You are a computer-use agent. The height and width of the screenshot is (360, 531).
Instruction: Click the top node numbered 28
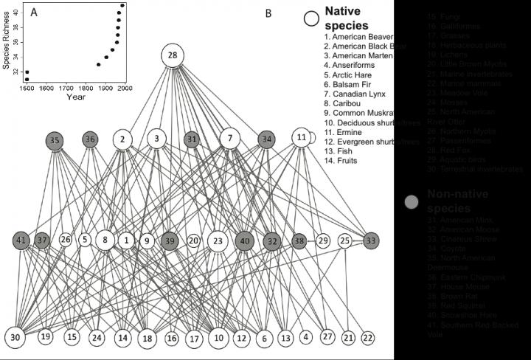(x=173, y=56)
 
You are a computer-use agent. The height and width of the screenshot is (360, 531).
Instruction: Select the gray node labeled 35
(x=54, y=139)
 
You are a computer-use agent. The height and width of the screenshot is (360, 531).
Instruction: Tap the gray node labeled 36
(x=90, y=139)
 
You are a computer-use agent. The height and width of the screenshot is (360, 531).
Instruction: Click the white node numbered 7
(x=231, y=138)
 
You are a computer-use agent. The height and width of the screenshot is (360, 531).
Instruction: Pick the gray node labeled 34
(x=267, y=139)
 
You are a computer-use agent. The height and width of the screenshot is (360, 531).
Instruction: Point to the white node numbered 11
(x=301, y=138)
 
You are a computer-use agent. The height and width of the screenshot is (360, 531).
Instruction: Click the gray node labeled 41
(x=22, y=240)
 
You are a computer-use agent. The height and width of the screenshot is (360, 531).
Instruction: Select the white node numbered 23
(x=217, y=240)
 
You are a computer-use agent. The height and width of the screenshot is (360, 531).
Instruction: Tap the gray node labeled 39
(x=170, y=240)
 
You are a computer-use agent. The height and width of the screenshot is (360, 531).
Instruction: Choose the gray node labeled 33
(x=371, y=240)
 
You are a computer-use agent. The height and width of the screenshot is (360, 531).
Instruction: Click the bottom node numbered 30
(x=16, y=337)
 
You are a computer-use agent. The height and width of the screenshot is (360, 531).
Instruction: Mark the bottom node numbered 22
(x=368, y=337)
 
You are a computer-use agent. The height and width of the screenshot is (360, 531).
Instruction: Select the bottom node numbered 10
(x=218, y=338)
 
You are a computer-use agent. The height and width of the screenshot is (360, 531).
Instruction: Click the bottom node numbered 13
(x=285, y=338)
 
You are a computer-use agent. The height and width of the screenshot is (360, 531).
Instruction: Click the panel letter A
(x=33, y=12)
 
